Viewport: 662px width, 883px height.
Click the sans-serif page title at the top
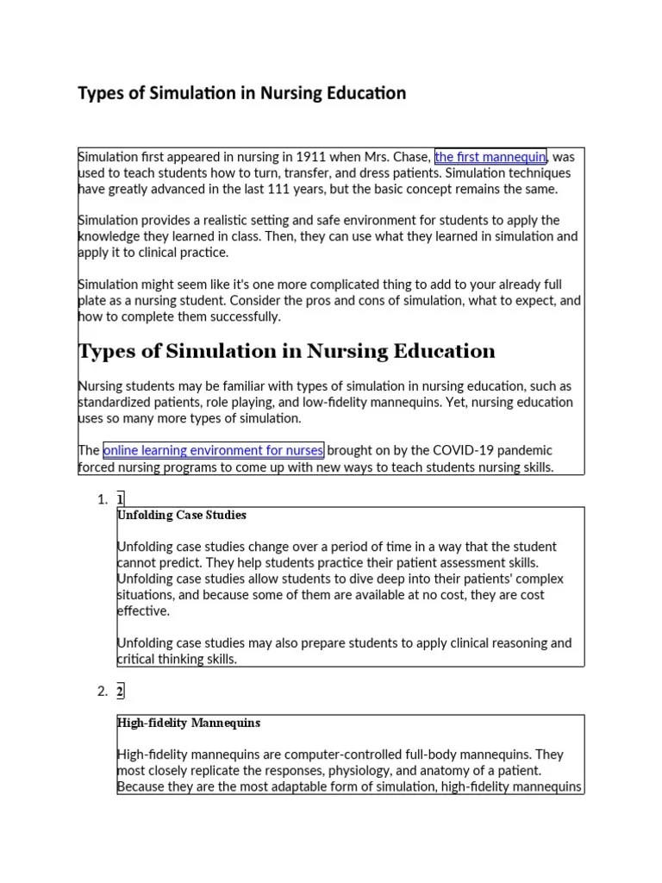click(242, 93)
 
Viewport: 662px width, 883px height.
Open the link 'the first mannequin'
click(490, 157)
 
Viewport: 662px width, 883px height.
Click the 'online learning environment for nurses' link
click(213, 450)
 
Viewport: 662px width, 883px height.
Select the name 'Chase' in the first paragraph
click(410, 157)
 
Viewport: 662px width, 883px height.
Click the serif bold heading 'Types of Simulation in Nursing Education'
click(286, 351)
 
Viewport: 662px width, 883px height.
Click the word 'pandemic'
click(522, 450)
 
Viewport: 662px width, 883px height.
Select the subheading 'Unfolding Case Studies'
click(182, 515)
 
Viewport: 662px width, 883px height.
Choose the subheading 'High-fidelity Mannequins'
click(189, 723)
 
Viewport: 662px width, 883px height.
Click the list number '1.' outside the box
click(103, 499)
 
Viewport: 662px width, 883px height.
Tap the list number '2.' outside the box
click(103, 691)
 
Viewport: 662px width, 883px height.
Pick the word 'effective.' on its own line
click(143, 611)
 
